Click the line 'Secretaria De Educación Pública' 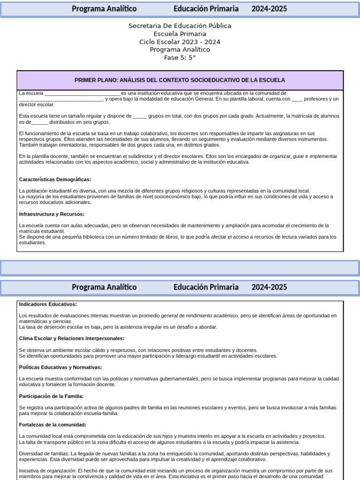coord(180,26)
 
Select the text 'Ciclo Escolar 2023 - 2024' coord(180,42)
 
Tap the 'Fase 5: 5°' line coord(180,58)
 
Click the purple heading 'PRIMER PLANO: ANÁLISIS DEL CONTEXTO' coord(180,80)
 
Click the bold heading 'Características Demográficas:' coord(55,180)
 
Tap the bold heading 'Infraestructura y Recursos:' coord(52,214)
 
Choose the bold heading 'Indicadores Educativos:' coord(48,304)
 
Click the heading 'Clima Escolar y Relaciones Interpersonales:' coord(72,338)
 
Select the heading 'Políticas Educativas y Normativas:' coord(60,367)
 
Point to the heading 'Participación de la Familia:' coord(51,396)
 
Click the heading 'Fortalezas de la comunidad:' coord(52,425)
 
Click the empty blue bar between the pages coord(180,268)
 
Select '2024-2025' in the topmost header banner coord(269,9)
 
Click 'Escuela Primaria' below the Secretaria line coord(180,34)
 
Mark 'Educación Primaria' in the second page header coord(206,287)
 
